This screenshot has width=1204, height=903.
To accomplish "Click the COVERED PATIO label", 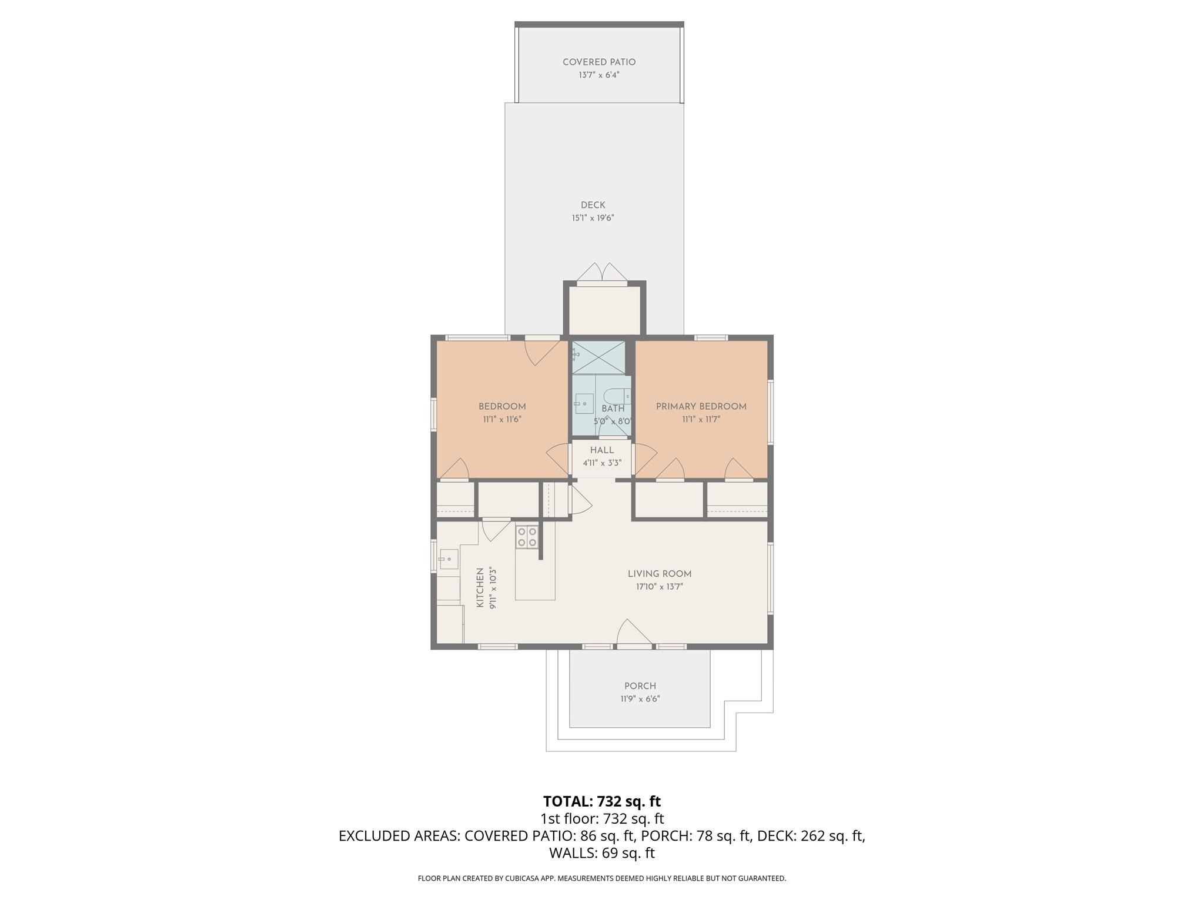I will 598,62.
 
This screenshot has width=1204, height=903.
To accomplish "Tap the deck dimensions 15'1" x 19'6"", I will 593,218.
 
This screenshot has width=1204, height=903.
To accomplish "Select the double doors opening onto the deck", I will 601,274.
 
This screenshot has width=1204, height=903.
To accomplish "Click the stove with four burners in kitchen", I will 527,537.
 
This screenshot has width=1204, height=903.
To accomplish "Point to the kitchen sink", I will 449,558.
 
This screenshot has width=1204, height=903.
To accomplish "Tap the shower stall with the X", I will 598,357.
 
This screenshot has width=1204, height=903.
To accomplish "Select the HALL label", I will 601,450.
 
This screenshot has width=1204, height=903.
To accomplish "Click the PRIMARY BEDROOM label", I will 701,406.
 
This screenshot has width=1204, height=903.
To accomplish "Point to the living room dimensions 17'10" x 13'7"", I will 659,587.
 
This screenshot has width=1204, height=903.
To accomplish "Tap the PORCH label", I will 640,686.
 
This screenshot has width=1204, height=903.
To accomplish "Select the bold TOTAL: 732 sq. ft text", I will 601,801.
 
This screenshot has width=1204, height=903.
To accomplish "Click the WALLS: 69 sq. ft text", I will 601,853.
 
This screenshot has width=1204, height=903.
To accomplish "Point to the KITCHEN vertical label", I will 480,587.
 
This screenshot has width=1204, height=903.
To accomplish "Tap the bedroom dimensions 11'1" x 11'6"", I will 502,420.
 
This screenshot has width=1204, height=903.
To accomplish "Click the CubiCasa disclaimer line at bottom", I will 601,878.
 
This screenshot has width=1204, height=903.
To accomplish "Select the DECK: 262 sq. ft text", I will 810,836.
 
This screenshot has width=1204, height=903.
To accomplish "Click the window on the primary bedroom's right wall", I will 770,412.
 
